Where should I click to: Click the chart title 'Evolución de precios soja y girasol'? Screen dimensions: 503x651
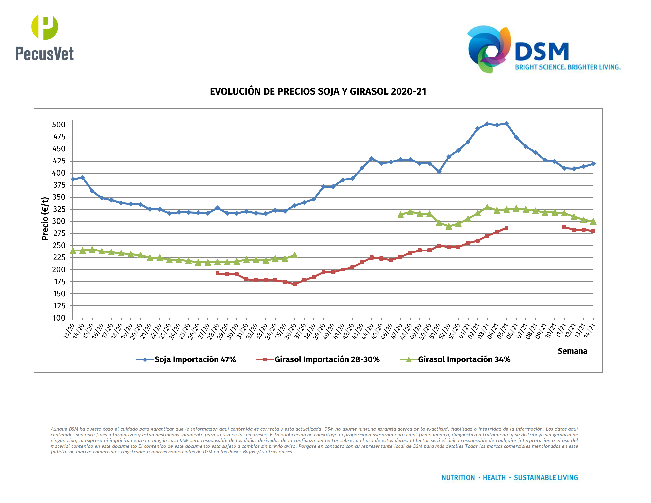pos(318,91)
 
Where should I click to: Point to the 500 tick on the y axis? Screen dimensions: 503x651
pos(59,125)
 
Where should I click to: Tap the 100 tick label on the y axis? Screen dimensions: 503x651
pos(59,318)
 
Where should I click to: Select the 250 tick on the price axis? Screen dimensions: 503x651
pos(59,246)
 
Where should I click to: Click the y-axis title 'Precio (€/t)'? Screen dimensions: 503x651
pos(45,218)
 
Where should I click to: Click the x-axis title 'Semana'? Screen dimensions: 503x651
pos(572,351)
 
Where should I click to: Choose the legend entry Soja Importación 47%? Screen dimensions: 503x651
pos(195,359)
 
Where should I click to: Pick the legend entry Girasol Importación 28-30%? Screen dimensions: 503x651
pos(327,359)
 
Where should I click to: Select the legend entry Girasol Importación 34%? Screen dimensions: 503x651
pos(464,359)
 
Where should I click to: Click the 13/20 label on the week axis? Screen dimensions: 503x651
pos(69,331)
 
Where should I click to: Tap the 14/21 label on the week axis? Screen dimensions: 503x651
pos(589,331)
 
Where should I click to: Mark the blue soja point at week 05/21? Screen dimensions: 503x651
pos(506,123)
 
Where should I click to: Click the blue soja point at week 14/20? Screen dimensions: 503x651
pos(83,177)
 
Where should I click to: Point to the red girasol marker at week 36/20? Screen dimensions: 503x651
pos(294,284)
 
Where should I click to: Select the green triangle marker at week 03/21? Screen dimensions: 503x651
pos(487,207)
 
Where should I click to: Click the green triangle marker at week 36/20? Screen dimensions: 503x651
pos(294,255)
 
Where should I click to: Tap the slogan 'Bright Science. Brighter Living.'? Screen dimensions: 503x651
pos(568,67)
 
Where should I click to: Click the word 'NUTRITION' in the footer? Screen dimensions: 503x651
pos(458,478)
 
